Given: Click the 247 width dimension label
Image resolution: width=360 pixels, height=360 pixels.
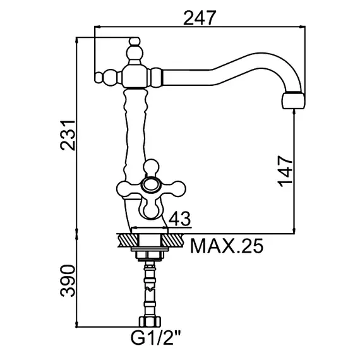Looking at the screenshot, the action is [x=200, y=18].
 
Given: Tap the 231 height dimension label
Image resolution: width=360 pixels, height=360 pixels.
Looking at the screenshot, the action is [x=68, y=135].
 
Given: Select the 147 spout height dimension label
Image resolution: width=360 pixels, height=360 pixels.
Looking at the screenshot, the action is [x=285, y=171].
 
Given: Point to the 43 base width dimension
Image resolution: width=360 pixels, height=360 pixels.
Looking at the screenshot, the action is [x=179, y=219].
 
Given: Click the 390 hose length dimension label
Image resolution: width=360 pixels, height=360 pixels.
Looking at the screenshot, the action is [x=68, y=280].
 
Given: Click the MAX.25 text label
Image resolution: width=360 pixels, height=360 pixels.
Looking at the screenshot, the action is [x=227, y=246].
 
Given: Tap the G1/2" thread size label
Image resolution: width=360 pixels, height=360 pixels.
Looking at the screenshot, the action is [x=155, y=338].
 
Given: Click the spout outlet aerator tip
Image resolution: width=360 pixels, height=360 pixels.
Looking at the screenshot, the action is [x=294, y=101].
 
